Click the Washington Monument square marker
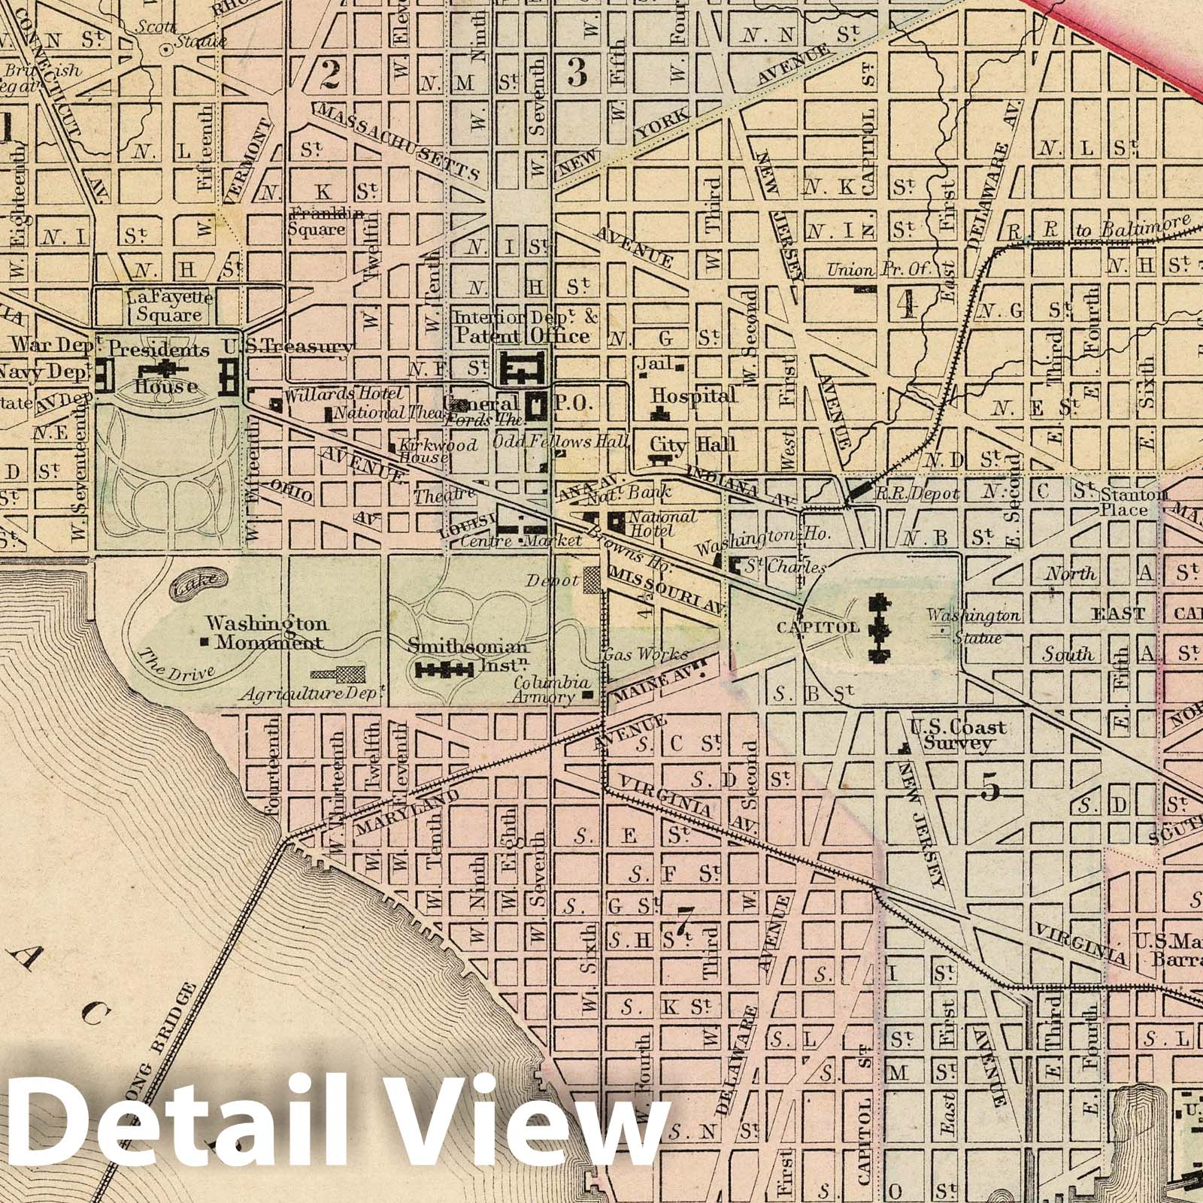205,642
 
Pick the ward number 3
577,72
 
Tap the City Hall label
693,444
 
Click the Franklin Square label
317,222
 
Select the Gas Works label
635,654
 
